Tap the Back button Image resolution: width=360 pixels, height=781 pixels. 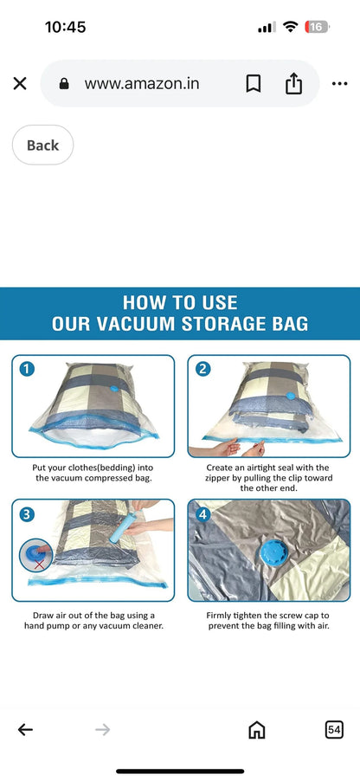(42, 145)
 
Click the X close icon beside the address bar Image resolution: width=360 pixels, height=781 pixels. (20, 84)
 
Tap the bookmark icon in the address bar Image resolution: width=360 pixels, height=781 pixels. (254, 84)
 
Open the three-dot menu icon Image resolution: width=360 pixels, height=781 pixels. (339, 84)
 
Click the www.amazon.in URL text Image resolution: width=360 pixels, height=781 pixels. (142, 84)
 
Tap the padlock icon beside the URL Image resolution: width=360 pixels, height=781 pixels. (64, 84)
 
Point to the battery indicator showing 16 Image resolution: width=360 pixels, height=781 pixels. (318, 27)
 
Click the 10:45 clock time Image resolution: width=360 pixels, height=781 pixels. (65, 27)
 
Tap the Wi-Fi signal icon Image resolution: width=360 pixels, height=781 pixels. (290, 26)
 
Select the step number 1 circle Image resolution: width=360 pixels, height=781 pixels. (27, 370)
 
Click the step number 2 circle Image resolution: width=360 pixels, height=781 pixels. (203, 369)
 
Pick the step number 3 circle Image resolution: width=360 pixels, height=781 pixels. (27, 514)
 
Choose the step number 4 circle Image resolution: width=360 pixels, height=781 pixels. (202, 514)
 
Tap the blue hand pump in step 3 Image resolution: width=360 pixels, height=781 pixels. (119, 526)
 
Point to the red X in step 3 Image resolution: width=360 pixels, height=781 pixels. (39, 564)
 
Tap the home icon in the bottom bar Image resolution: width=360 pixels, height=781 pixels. (256, 730)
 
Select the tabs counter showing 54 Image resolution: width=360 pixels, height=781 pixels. (334, 730)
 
